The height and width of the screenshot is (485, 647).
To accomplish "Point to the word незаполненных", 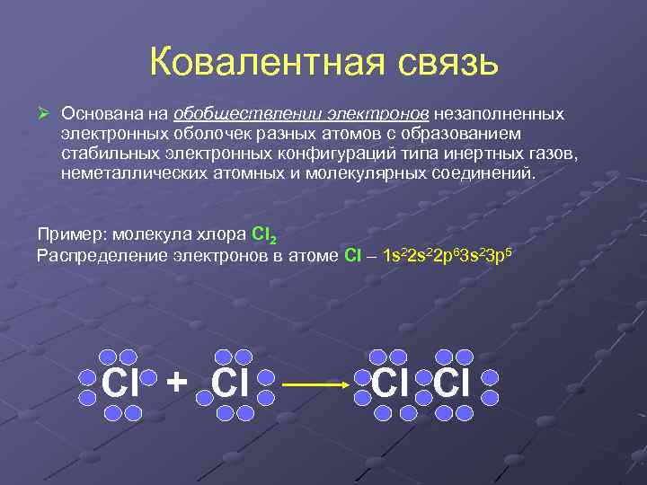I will point(501,114).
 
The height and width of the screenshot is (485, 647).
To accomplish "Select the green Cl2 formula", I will point(264,235).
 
